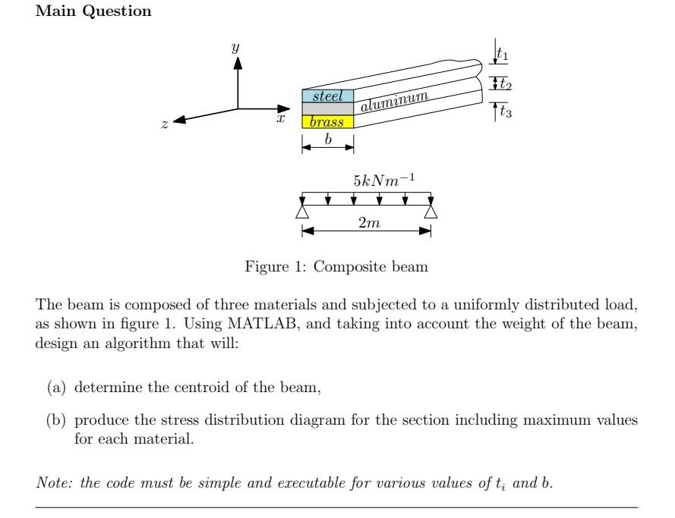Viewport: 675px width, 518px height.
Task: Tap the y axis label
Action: point(235,48)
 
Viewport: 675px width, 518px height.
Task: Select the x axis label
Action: point(281,118)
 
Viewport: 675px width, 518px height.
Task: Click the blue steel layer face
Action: point(328,96)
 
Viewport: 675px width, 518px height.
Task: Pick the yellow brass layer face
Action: point(328,121)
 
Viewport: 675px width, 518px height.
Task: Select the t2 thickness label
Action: point(505,83)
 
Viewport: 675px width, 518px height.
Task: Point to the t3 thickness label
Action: point(504,112)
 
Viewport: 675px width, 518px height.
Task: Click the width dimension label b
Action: point(328,140)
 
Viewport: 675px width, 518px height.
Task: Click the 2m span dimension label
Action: point(369,223)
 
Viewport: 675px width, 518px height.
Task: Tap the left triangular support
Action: point(302,212)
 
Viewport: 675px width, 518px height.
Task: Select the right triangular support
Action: point(431,212)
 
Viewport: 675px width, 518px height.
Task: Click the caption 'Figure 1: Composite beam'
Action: point(336,267)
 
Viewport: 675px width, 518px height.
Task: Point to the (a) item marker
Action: point(55,389)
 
